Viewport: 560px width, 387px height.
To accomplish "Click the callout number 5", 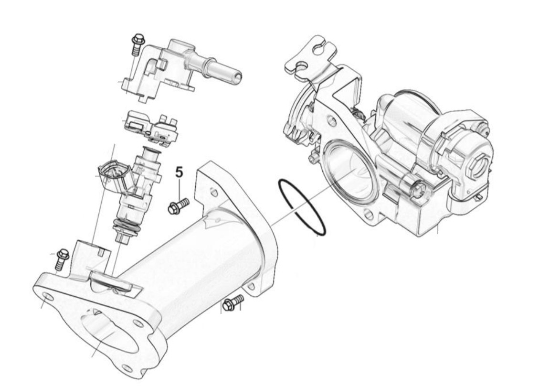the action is [x=179, y=172].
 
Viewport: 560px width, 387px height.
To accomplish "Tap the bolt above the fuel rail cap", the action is [x=137, y=44].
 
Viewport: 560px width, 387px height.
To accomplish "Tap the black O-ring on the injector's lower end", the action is [x=126, y=227].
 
